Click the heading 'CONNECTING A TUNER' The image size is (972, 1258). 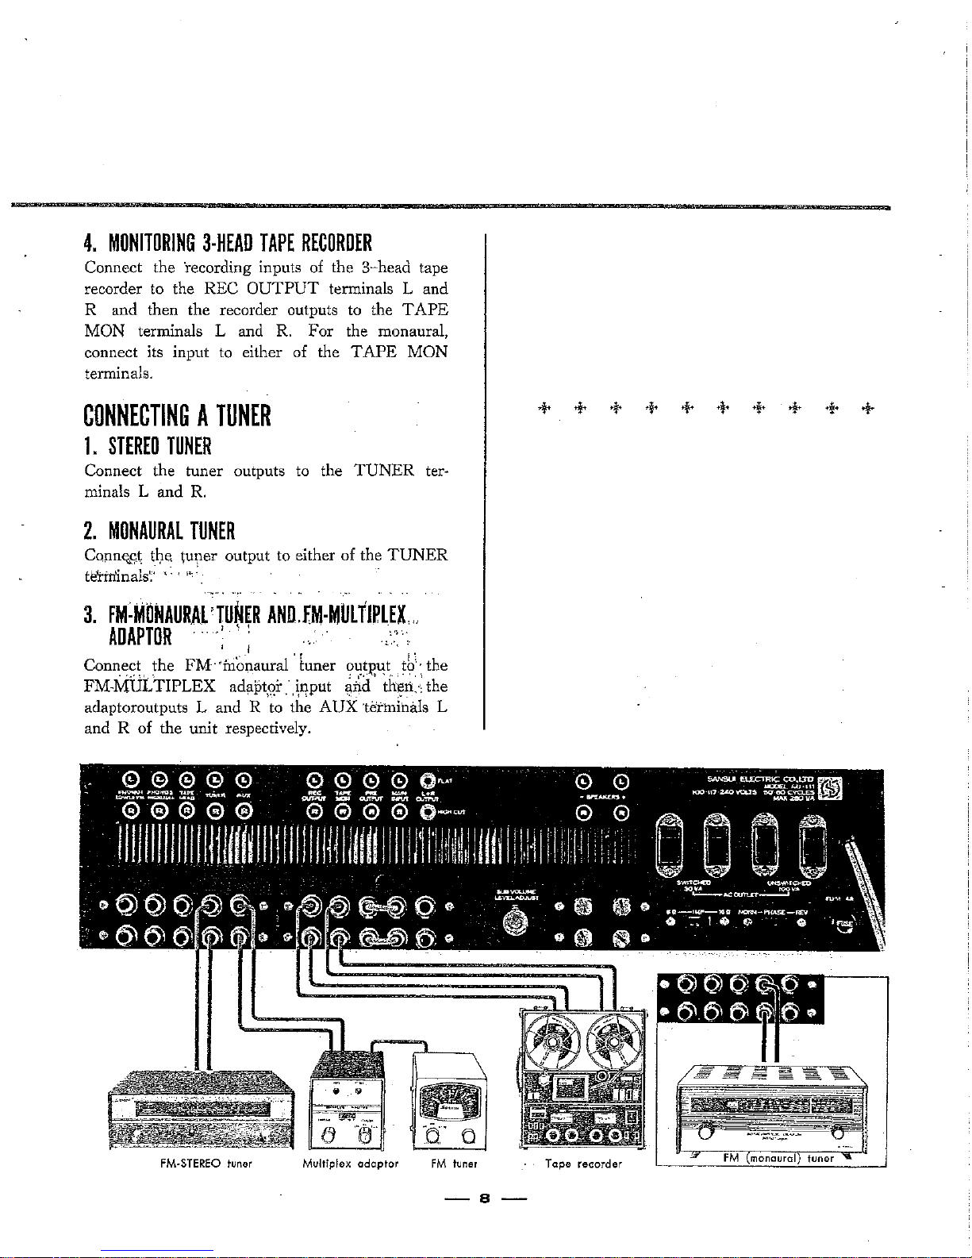[178, 415]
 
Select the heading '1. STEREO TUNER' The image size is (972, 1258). [148, 446]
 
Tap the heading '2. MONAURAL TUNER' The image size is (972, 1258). [159, 529]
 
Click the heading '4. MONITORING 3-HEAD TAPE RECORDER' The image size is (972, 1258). [229, 242]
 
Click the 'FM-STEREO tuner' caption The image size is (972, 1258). [195, 1163]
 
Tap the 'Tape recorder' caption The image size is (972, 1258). [584, 1164]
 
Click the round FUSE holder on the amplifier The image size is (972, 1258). [844, 928]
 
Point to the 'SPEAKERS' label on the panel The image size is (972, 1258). [602, 795]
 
